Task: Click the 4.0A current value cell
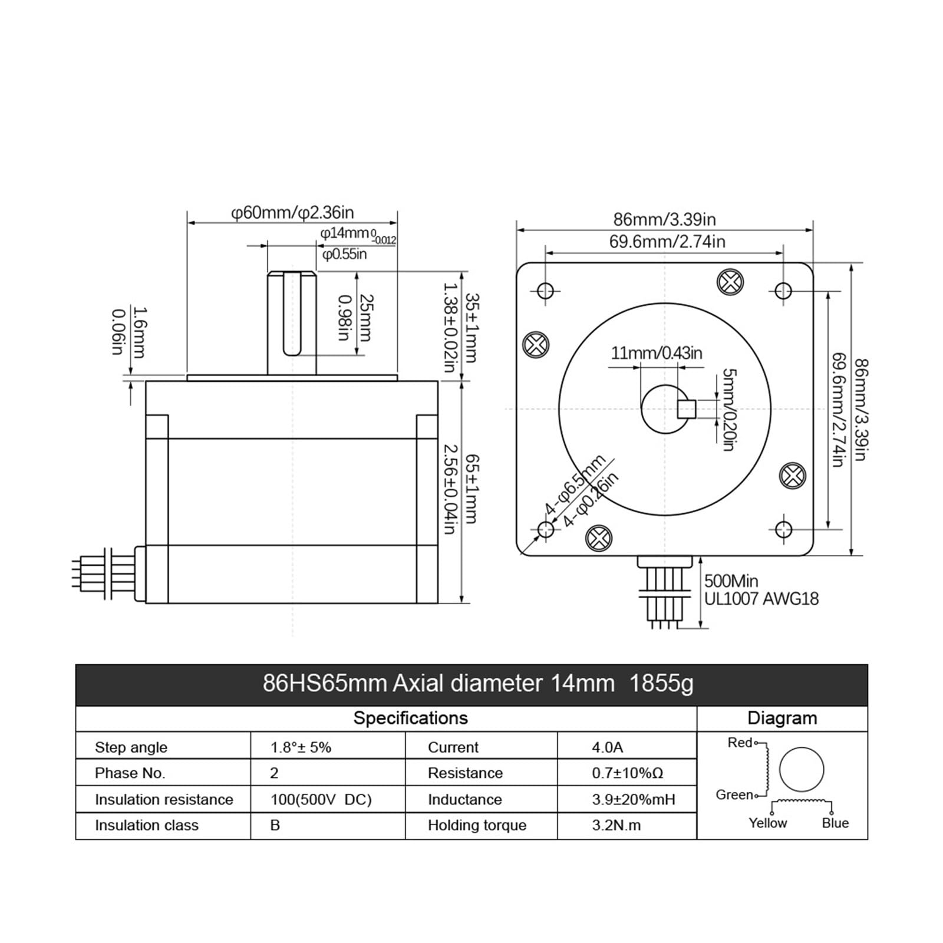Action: (x=607, y=747)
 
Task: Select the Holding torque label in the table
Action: (x=477, y=825)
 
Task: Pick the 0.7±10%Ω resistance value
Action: (x=628, y=773)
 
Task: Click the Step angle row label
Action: (x=131, y=748)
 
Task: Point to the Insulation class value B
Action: (x=275, y=825)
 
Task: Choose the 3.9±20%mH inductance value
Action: (x=634, y=800)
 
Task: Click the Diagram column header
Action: (x=782, y=718)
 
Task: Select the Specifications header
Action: (x=410, y=718)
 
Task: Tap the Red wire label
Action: (x=740, y=743)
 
